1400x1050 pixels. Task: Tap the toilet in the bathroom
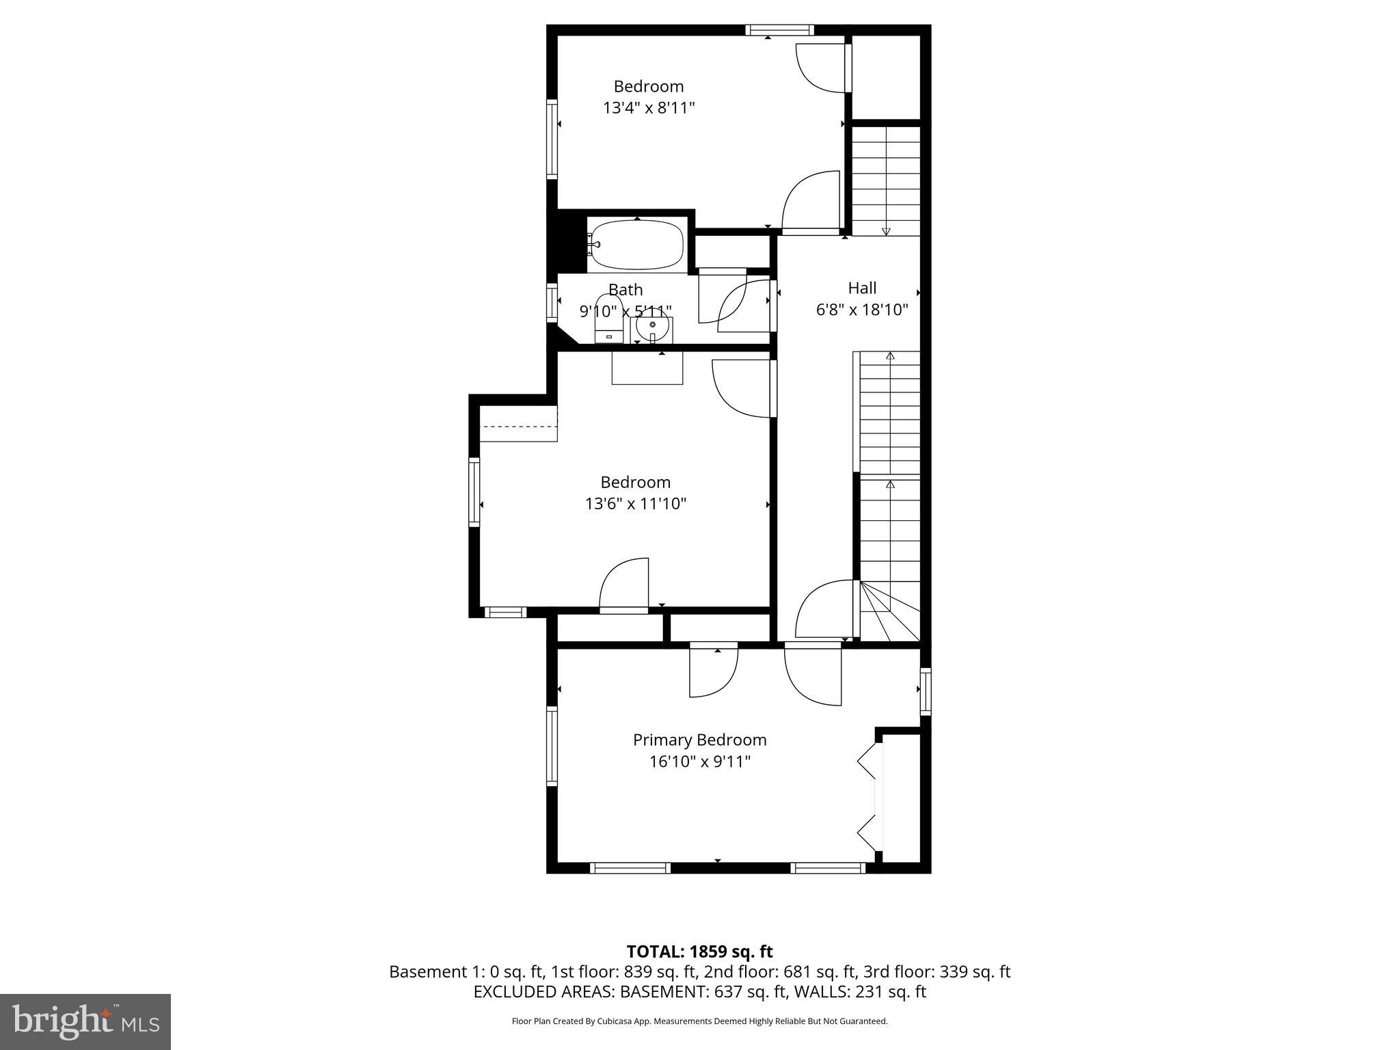click(x=608, y=318)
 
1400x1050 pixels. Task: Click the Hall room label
click(x=862, y=288)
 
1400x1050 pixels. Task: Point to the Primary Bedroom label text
click(x=699, y=740)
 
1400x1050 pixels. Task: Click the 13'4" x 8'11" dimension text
click(x=648, y=108)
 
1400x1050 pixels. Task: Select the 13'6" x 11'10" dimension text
click(x=635, y=504)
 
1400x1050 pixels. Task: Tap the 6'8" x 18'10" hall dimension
click(x=862, y=310)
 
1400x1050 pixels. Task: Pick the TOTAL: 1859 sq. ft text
click(x=699, y=951)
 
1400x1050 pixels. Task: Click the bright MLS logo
click(x=85, y=1021)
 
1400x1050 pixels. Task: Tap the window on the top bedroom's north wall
click(x=779, y=29)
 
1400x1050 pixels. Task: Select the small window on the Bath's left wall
click(x=552, y=302)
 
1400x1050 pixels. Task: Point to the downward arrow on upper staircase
click(x=886, y=231)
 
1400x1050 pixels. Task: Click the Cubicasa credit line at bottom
click(x=699, y=1021)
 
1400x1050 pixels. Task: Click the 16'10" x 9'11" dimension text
click(x=699, y=762)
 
